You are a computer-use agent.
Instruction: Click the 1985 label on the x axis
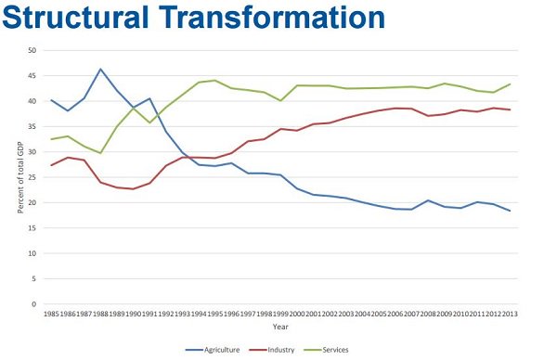(x=53, y=315)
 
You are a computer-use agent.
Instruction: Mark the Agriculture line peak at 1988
(x=100, y=69)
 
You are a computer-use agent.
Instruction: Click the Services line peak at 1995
(x=215, y=80)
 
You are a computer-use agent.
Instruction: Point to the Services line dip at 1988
(x=100, y=153)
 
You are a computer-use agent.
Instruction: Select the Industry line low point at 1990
(x=135, y=188)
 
